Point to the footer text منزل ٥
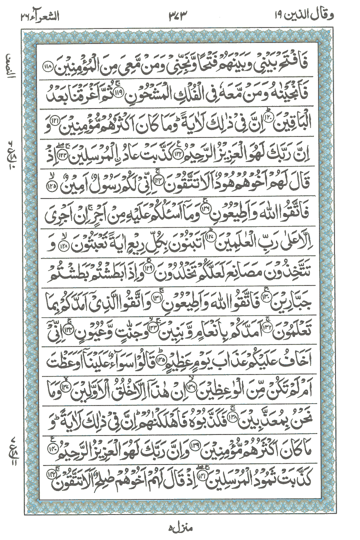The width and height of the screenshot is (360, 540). coord(179,528)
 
